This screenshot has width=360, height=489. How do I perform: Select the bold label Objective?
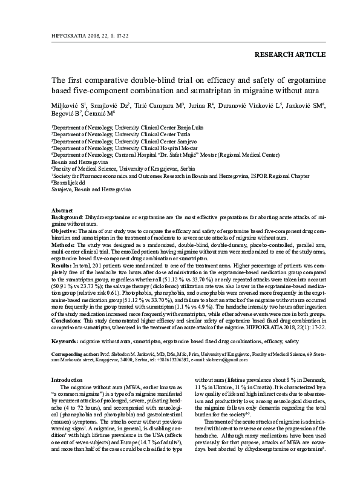tap(64, 231)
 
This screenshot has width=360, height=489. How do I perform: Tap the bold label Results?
tap(62, 265)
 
